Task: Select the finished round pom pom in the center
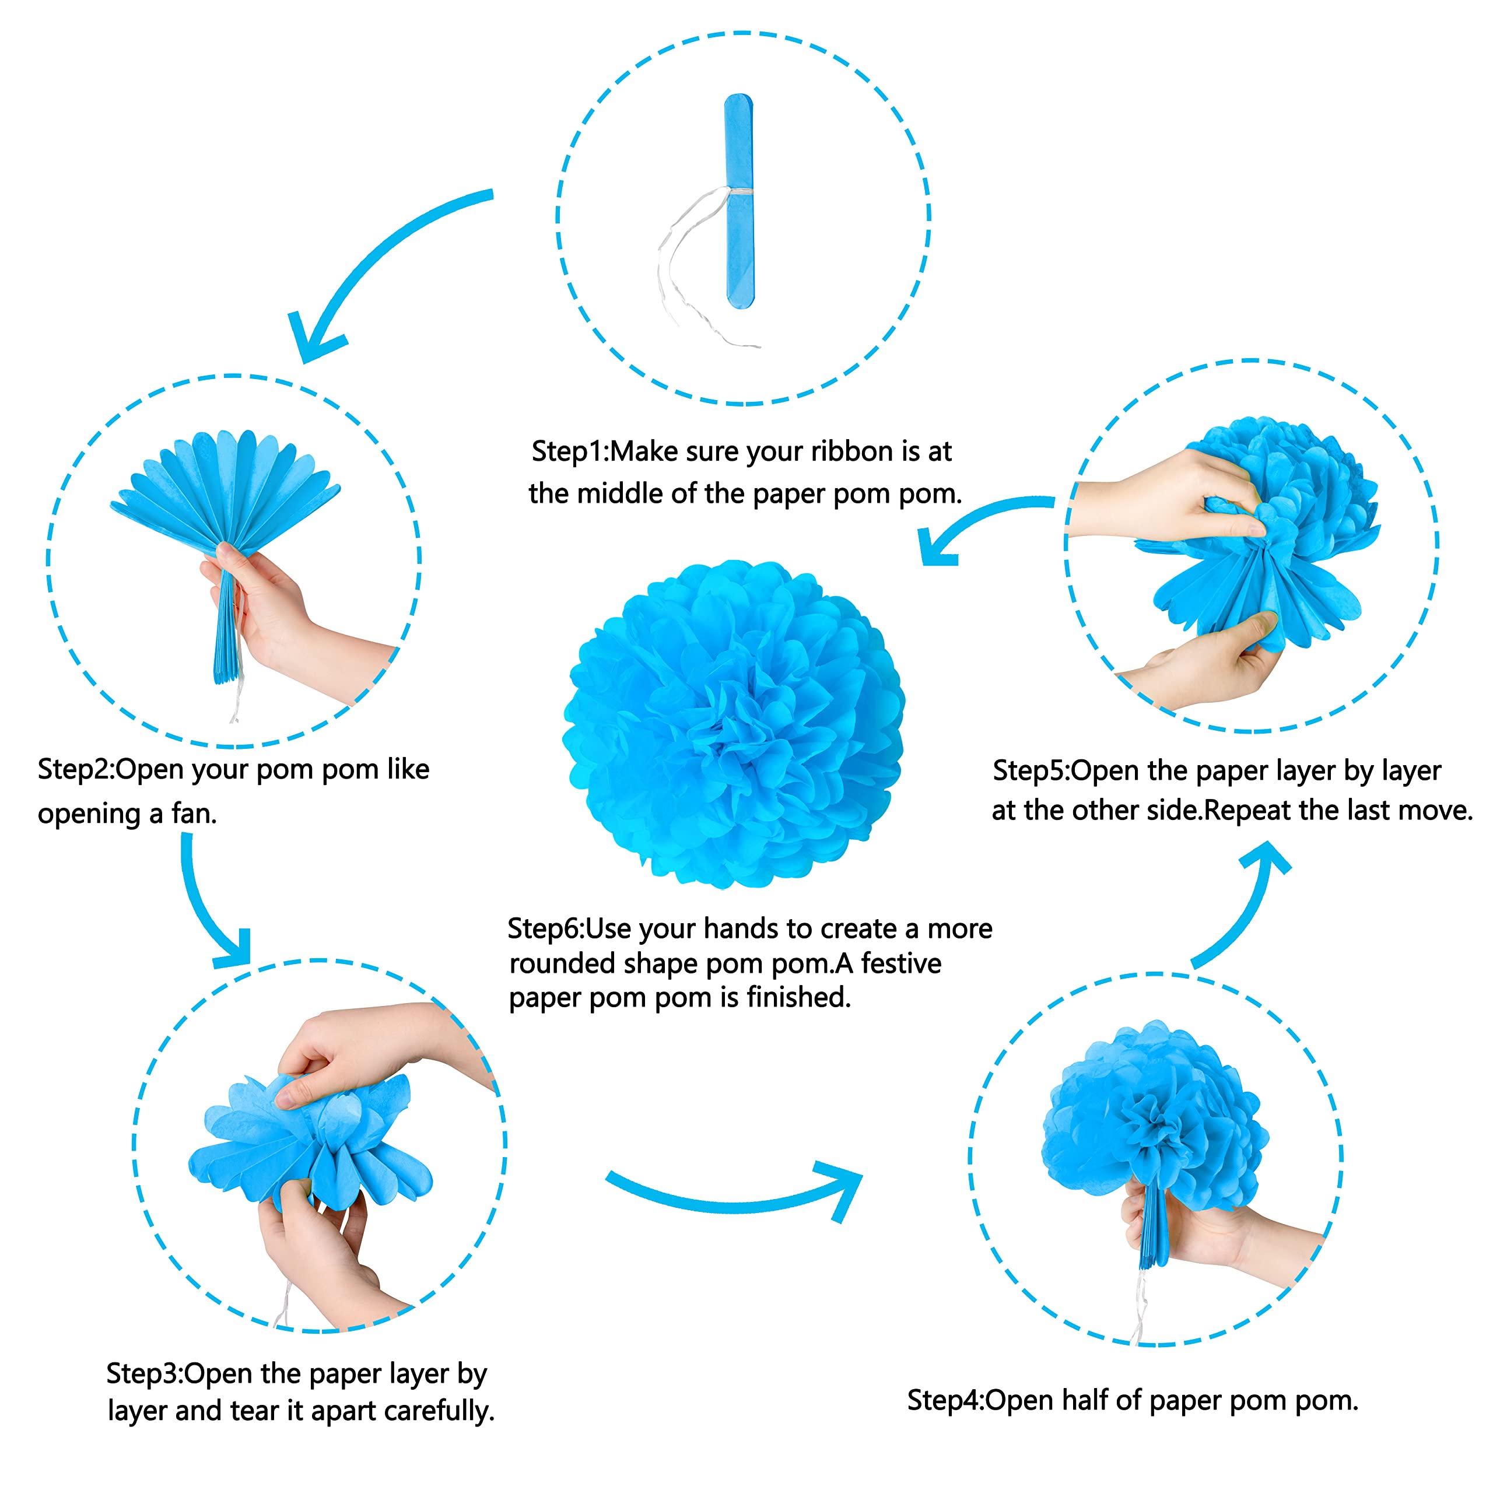[734, 723]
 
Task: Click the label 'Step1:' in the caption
[570, 451]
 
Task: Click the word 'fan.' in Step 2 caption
[193, 814]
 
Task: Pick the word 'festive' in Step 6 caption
[901, 963]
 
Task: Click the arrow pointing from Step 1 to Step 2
[371, 263]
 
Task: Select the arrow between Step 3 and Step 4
[734, 1198]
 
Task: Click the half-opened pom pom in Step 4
[1151, 1120]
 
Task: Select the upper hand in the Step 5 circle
[1159, 495]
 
